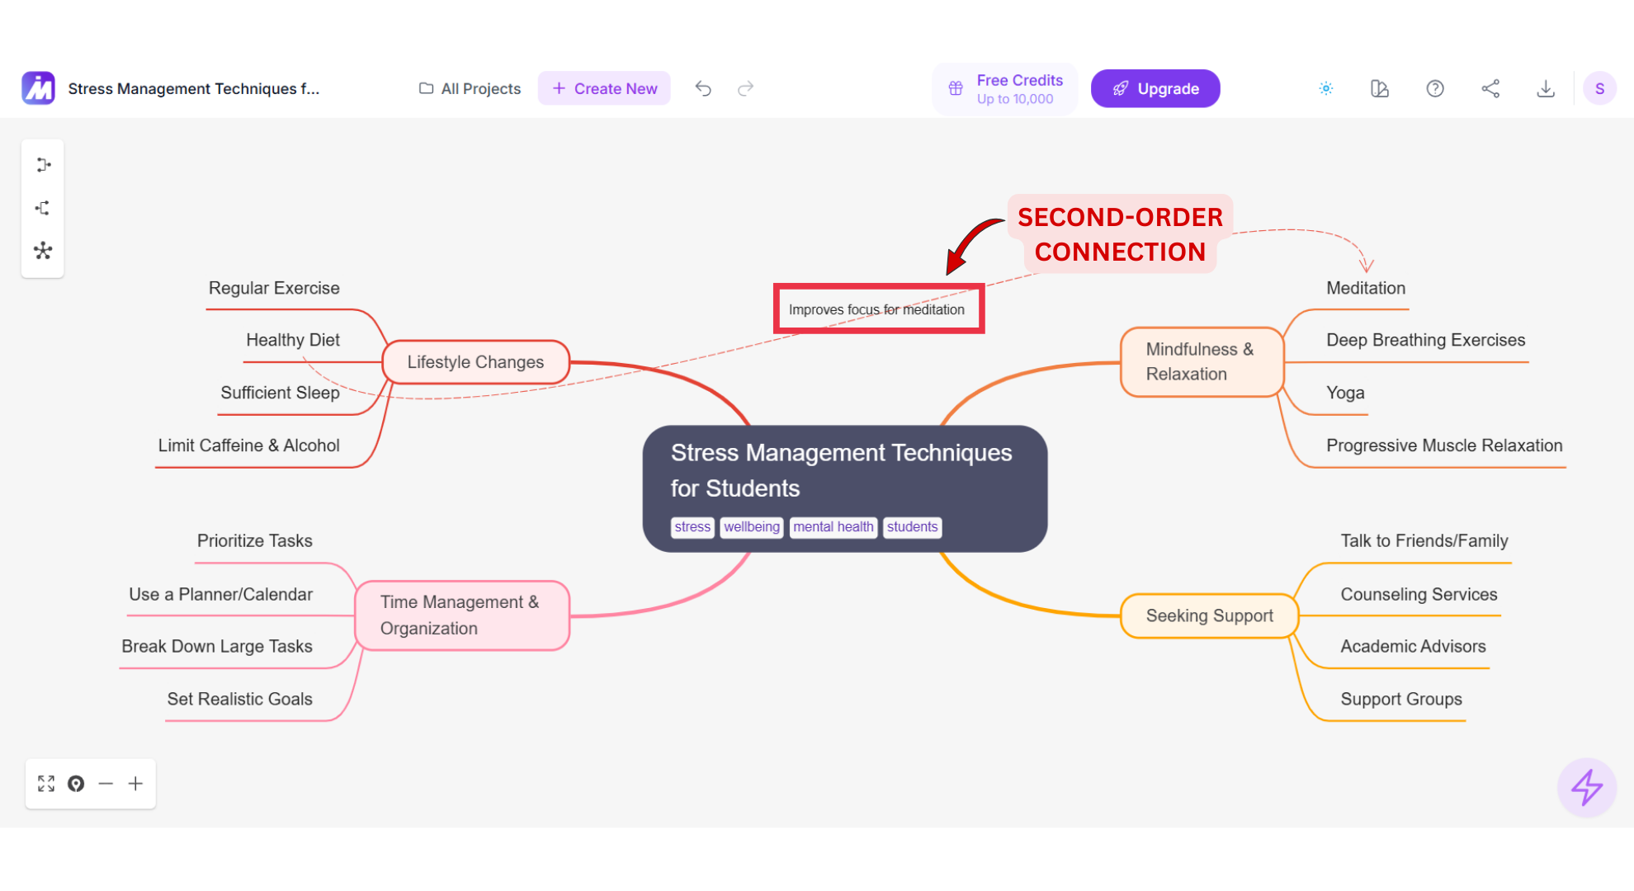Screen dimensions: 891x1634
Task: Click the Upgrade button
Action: (x=1155, y=88)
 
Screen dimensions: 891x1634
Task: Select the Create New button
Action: (x=604, y=88)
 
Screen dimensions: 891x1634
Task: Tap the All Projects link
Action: (x=470, y=88)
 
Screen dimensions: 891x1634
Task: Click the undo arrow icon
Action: (x=703, y=88)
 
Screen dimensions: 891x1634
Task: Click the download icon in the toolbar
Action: (x=1546, y=88)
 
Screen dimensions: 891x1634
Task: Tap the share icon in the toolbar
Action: (x=1490, y=88)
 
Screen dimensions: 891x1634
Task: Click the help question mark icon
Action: (x=1435, y=88)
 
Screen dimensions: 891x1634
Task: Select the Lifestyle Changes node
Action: (x=475, y=362)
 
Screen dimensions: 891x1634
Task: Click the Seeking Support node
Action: (x=1209, y=615)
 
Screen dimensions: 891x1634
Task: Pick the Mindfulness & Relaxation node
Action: (x=1201, y=362)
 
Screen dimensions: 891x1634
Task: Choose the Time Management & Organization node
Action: (x=461, y=615)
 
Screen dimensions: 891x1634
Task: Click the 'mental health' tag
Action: (x=833, y=527)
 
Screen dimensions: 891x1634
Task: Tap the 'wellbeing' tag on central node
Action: (x=751, y=527)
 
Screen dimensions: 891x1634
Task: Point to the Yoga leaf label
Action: (x=1345, y=393)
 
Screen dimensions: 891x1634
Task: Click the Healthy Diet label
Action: (x=293, y=340)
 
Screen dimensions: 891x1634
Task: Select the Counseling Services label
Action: (x=1419, y=594)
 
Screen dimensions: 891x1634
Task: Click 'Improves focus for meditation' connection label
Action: (x=876, y=309)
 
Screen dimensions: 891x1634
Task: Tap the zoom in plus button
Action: (x=135, y=784)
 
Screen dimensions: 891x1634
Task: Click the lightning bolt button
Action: (x=1586, y=787)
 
